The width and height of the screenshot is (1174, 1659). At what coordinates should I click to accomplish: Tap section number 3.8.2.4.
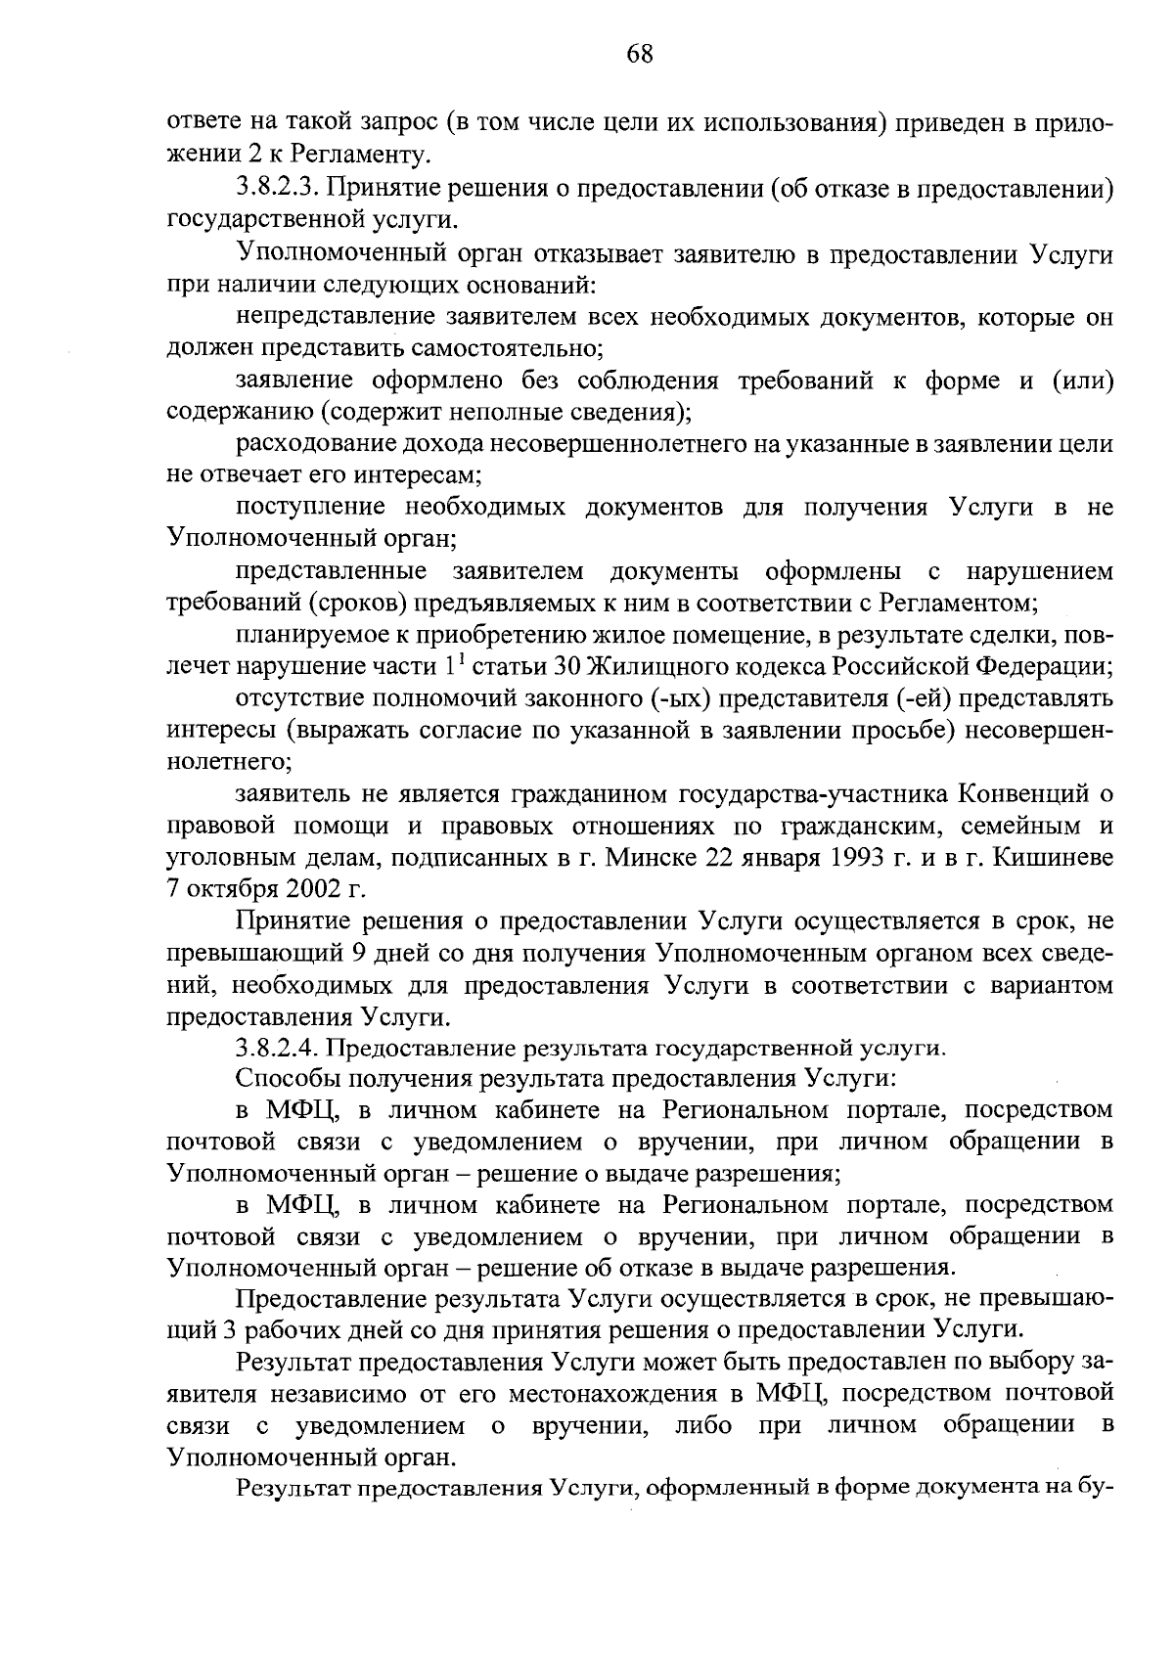(279, 1048)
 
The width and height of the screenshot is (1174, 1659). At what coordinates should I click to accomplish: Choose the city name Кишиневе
(1056, 858)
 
